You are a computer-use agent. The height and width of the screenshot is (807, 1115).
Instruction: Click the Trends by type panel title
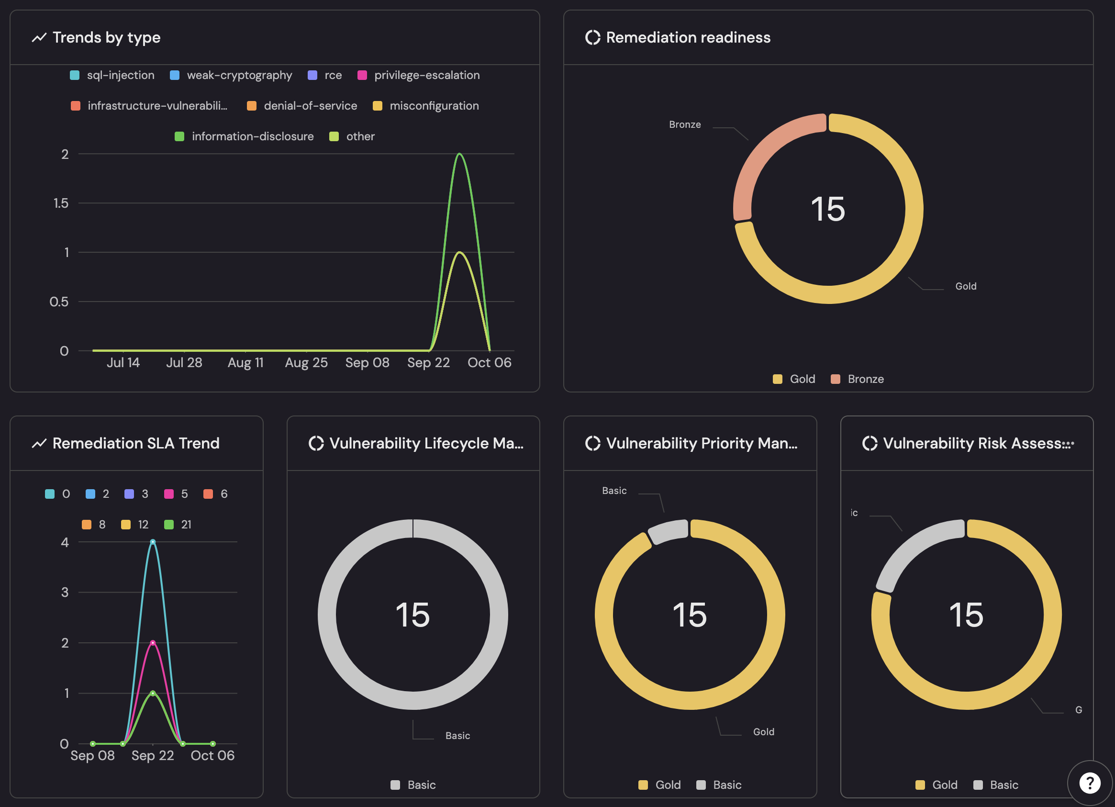[106, 37]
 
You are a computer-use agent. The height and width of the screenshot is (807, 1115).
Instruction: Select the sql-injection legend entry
[112, 75]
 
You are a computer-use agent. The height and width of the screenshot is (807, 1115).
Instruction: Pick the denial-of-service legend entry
[302, 106]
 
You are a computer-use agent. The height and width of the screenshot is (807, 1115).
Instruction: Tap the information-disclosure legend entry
[245, 136]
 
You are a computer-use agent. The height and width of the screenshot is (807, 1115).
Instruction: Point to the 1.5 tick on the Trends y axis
[61, 203]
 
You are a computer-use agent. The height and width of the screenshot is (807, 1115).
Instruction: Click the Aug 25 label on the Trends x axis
[306, 362]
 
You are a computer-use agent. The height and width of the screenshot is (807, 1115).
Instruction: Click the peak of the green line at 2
[459, 154]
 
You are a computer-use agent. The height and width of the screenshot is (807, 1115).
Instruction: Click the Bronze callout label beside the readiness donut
[685, 124]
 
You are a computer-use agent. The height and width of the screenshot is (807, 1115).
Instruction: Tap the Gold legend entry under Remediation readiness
[794, 379]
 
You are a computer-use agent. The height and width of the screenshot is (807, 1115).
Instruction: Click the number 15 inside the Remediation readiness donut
[828, 209]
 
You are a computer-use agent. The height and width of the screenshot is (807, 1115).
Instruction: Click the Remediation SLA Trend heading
[136, 443]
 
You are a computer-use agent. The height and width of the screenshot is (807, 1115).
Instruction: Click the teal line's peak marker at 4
[153, 542]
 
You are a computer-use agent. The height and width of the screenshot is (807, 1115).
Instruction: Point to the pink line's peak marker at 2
[153, 643]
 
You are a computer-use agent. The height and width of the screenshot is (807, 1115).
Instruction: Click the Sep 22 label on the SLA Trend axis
[153, 755]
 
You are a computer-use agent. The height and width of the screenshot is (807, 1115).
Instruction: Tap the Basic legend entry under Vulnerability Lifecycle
[413, 785]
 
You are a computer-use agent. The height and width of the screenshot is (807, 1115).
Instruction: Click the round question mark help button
[1090, 783]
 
